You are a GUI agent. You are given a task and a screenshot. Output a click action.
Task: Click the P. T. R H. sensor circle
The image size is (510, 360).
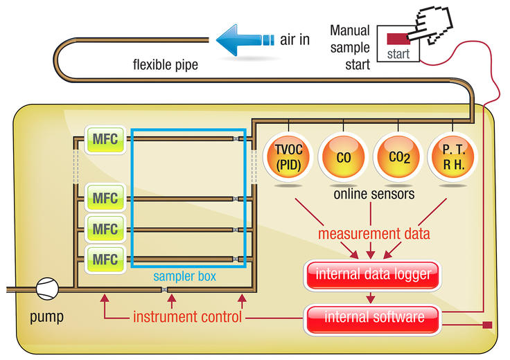click(x=452, y=158)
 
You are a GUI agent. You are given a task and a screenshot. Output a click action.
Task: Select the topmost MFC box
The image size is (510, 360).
click(x=105, y=141)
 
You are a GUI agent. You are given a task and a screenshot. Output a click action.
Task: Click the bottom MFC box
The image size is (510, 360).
click(x=105, y=260)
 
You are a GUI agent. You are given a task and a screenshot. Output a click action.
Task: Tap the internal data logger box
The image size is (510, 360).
click(x=373, y=274)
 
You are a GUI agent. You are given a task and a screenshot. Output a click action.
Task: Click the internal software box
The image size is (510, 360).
click(x=373, y=318)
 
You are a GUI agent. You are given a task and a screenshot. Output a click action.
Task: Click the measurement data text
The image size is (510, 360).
click(x=373, y=233)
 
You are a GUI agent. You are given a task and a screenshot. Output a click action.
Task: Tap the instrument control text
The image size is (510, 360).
click(x=187, y=318)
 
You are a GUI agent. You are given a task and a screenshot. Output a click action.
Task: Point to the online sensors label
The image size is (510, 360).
click(x=373, y=195)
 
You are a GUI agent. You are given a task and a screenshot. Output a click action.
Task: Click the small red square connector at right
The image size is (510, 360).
click(x=486, y=324)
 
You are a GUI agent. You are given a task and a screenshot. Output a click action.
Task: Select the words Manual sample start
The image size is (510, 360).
click(x=350, y=47)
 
